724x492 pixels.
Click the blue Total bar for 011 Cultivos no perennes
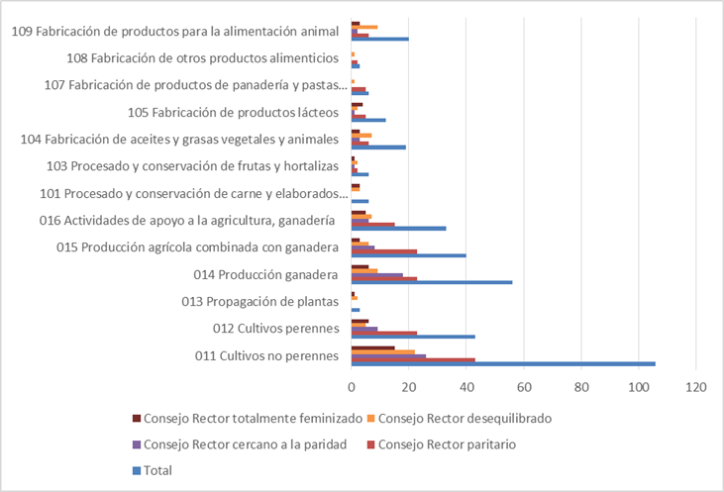click(x=503, y=364)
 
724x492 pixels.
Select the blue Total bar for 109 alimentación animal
click(x=379, y=40)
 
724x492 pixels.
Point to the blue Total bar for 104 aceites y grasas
click(x=378, y=148)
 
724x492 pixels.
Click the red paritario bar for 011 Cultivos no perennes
click(x=413, y=359)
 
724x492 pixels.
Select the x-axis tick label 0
click(x=352, y=386)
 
